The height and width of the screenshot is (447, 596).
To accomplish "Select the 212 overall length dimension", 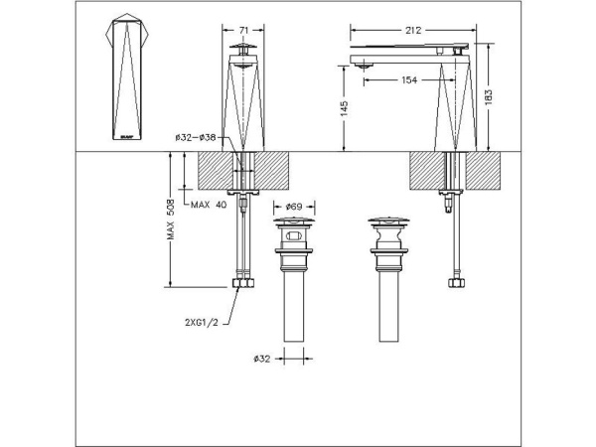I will [x=414, y=30].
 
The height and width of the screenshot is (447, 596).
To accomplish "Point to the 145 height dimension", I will [x=342, y=109].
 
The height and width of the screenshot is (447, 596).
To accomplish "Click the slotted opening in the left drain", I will [x=294, y=236].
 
